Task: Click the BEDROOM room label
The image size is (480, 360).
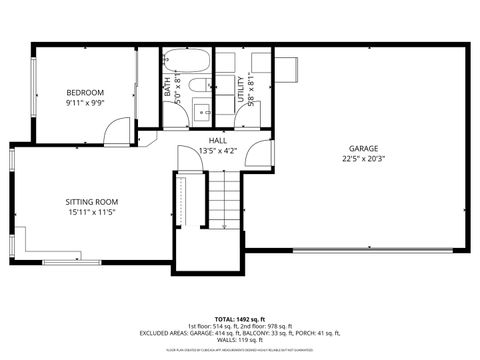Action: (85, 92)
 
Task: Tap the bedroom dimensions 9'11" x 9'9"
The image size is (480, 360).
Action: (85, 102)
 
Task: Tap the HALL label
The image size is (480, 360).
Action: (216, 141)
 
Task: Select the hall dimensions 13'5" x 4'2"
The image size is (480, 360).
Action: (216, 151)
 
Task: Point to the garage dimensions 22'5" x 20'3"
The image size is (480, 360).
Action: (364, 157)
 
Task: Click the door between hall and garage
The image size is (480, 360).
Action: (260, 155)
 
